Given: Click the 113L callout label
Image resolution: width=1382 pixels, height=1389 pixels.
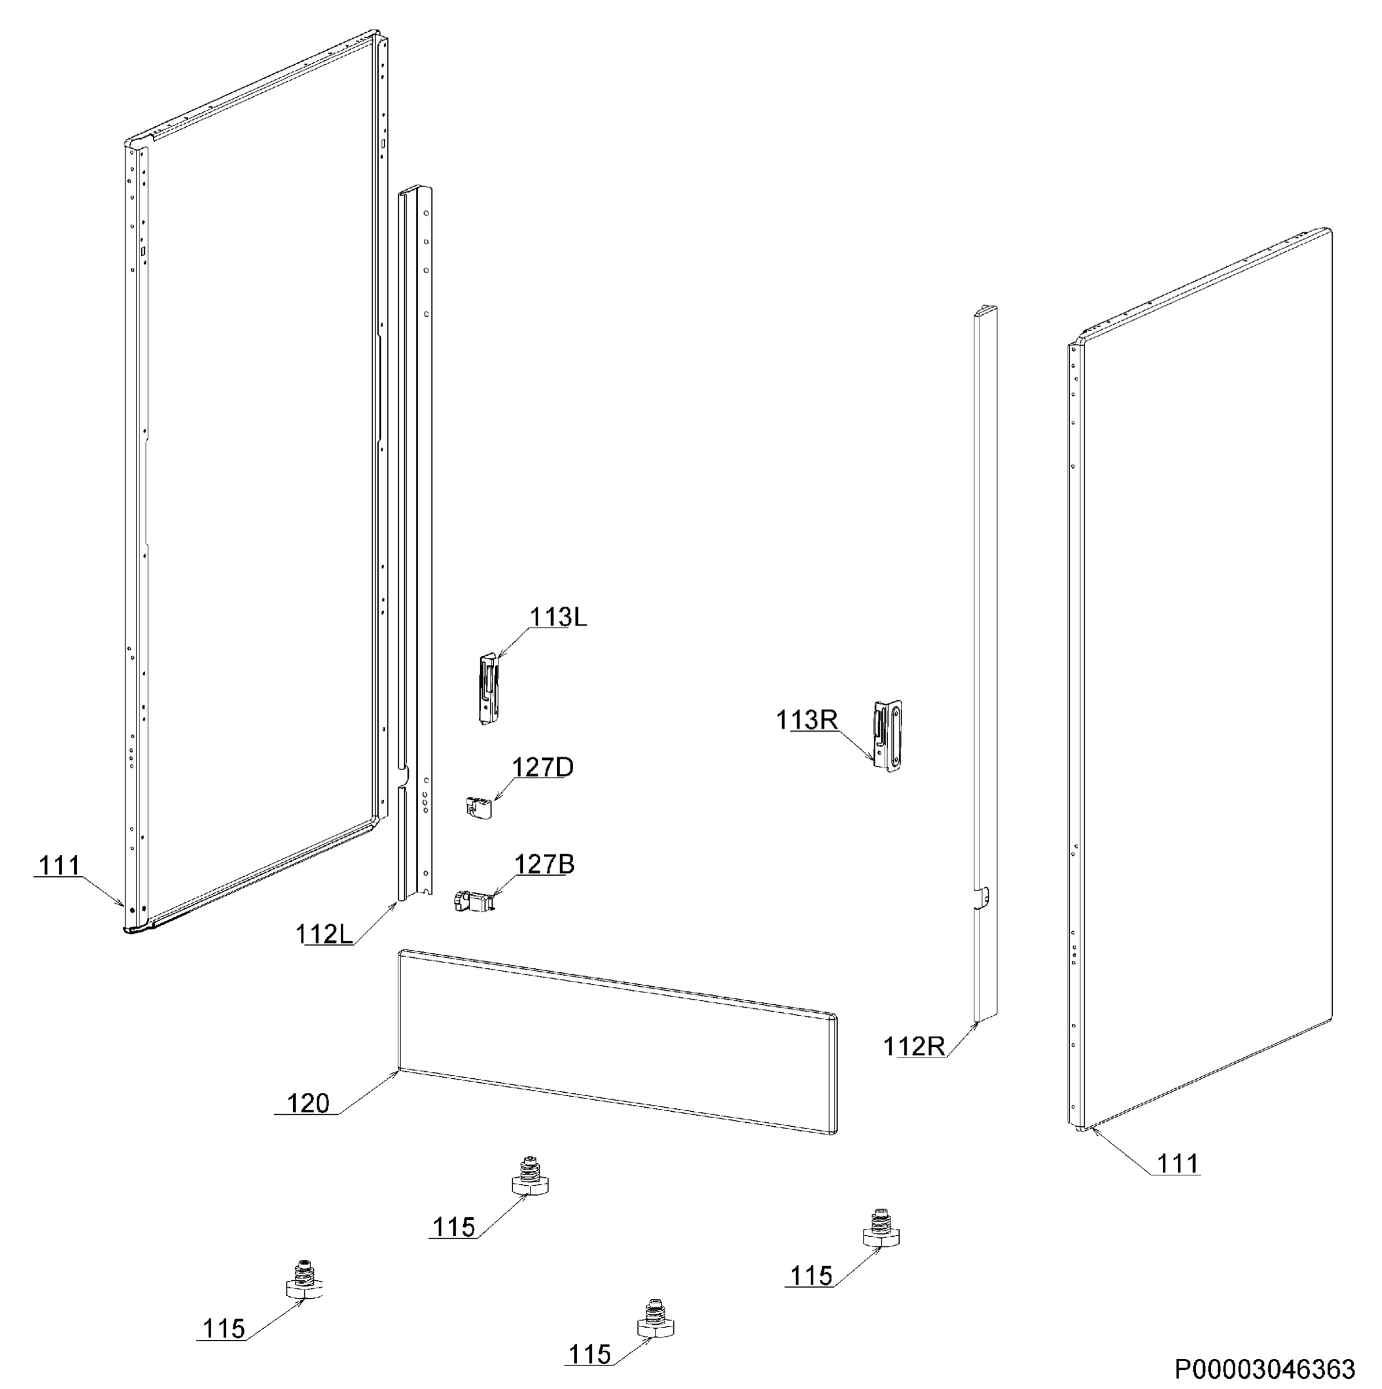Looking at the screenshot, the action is (558, 617).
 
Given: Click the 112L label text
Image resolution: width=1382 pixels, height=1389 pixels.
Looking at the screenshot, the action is (324, 934).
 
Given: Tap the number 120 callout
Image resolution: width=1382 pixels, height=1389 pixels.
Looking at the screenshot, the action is (308, 1103).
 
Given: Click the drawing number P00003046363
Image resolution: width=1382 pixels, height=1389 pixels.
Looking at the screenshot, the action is (1266, 1368).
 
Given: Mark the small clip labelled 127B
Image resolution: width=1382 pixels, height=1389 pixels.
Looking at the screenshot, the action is (472, 900).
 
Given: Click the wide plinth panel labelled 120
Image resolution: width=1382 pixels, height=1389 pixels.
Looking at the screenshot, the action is (617, 1041).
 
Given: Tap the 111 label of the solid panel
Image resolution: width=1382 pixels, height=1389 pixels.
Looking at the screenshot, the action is (1178, 1163).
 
